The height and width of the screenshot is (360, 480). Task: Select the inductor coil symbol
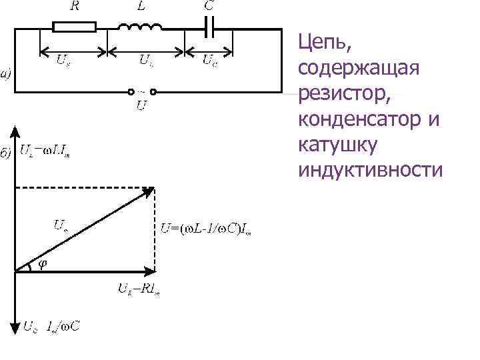pyautogui.click(x=139, y=27)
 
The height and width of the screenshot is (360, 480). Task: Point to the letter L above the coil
pyautogui.click(x=142, y=6)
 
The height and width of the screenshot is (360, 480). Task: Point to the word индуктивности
pyautogui.click(x=371, y=169)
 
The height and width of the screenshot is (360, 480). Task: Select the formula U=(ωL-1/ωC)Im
pyautogui.click(x=210, y=231)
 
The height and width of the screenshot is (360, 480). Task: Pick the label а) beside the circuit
pyautogui.click(x=5, y=74)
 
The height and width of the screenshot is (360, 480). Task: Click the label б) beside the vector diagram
pyautogui.click(x=5, y=154)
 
